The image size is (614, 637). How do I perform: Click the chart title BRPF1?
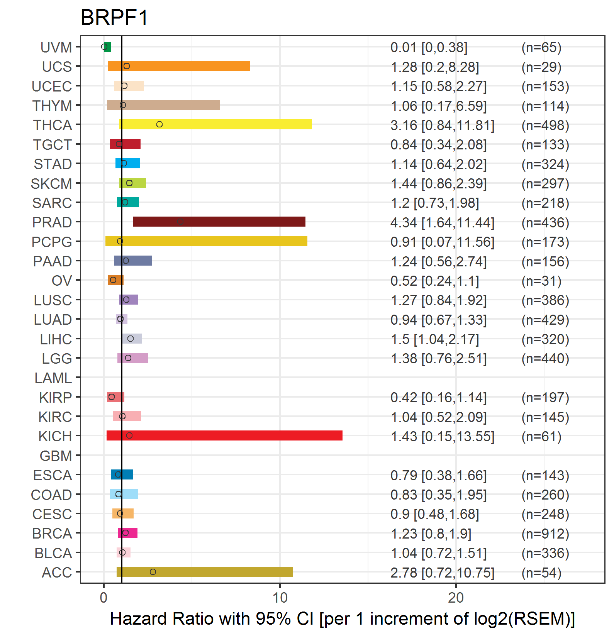(x=114, y=18)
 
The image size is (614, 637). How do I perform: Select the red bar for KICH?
(x=224, y=435)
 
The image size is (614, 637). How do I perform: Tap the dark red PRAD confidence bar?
(x=219, y=222)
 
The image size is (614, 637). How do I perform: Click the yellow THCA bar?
(x=215, y=124)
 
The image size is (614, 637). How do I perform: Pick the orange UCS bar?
(x=179, y=66)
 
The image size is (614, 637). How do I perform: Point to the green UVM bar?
(x=107, y=47)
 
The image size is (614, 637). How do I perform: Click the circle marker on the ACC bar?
(x=153, y=572)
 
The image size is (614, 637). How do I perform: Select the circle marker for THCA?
(x=159, y=124)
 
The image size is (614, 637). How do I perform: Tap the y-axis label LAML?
(x=53, y=378)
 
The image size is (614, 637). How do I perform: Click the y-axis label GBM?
(x=56, y=456)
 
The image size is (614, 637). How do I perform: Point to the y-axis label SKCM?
(x=51, y=184)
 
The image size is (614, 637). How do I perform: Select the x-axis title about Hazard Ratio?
(x=343, y=619)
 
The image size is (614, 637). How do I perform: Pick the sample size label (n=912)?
(x=545, y=534)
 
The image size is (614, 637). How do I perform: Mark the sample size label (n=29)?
(x=541, y=67)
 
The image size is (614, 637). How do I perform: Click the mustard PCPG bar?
(x=206, y=241)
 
